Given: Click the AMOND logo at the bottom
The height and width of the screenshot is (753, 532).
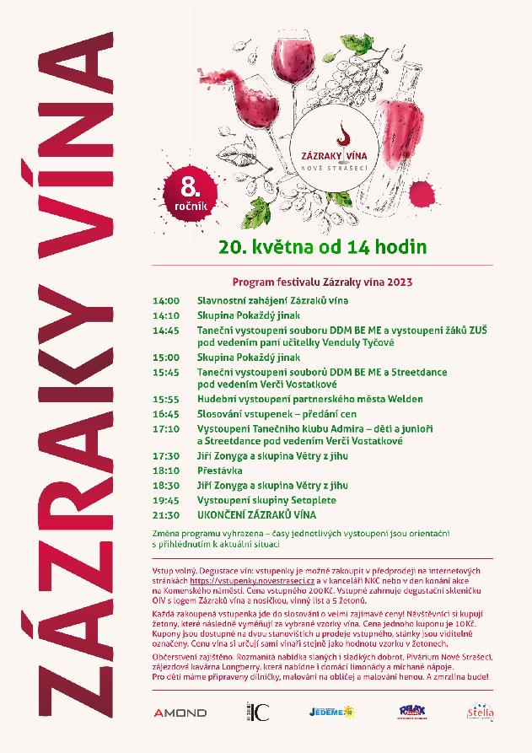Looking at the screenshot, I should [180, 713].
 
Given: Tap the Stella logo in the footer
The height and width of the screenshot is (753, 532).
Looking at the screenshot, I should [481, 713].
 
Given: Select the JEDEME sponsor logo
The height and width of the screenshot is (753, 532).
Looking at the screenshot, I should [330, 713].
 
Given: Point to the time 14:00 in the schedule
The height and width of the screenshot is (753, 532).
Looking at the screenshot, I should [166, 300].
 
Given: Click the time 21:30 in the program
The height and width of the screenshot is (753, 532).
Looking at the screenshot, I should [166, 514].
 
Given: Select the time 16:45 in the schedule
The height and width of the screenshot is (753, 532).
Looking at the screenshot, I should [166, 414].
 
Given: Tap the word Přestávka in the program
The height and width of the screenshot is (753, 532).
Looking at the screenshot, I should [220, 471].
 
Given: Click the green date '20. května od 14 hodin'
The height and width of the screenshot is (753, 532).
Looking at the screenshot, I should [323, 247].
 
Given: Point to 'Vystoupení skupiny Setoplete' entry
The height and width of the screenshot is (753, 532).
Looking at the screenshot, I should [266, 500].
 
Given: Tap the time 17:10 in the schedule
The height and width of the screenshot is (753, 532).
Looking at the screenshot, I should [166, 428].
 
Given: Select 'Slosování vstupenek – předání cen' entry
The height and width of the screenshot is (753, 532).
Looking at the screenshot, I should [277, 414].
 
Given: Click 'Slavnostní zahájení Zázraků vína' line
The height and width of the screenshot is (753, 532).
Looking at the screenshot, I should [272, 300].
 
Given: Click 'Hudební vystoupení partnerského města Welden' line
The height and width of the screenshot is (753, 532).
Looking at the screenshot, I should [309, 399].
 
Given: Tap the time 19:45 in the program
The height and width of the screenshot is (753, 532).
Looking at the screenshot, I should [166, 500].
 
